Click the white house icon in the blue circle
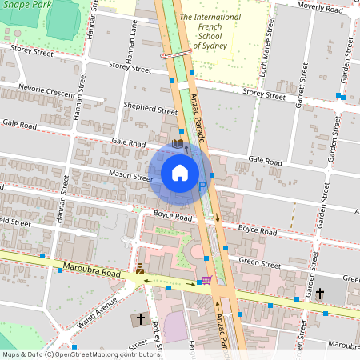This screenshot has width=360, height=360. point(180,173)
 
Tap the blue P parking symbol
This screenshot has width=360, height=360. point(202,186)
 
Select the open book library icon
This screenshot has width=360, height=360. point(178,144)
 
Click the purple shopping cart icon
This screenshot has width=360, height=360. point(206,280)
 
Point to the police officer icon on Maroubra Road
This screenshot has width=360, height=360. point(140,270)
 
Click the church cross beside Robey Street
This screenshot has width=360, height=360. point(140,319)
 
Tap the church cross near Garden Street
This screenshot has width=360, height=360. point(319,294)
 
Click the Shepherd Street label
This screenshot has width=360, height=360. point(151,110)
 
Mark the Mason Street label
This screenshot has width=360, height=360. point(130,177)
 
